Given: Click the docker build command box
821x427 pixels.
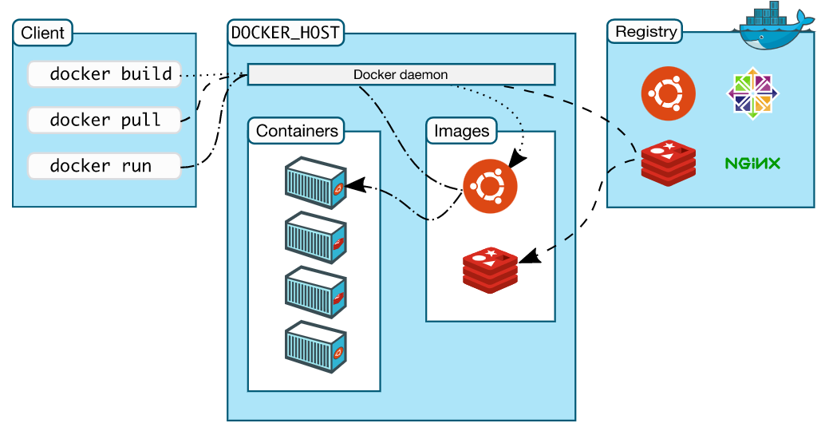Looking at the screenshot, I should [105, 74].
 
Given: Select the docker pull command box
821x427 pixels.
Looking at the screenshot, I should [105, 120].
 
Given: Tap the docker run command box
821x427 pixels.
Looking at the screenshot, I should [105, 166].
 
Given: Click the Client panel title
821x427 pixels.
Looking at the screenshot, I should [43, 34].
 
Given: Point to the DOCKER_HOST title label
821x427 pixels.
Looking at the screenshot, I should [285, 34].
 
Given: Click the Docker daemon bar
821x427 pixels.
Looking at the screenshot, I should [401, 74].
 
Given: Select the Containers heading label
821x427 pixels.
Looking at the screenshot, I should [297, 131].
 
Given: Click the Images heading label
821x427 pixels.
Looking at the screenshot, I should [461, 131].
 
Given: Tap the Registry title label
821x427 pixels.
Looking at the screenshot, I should [646, 32].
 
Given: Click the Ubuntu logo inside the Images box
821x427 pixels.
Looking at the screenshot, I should [490, 187].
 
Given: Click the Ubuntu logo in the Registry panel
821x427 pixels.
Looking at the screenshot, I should [668, 93].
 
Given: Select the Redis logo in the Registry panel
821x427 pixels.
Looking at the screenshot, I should [668, 162].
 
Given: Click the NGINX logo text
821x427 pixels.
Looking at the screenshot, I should [752, 164].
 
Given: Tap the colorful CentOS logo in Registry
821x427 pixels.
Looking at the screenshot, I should [752, 93].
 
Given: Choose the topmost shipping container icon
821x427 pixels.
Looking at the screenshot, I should [315, 183].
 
